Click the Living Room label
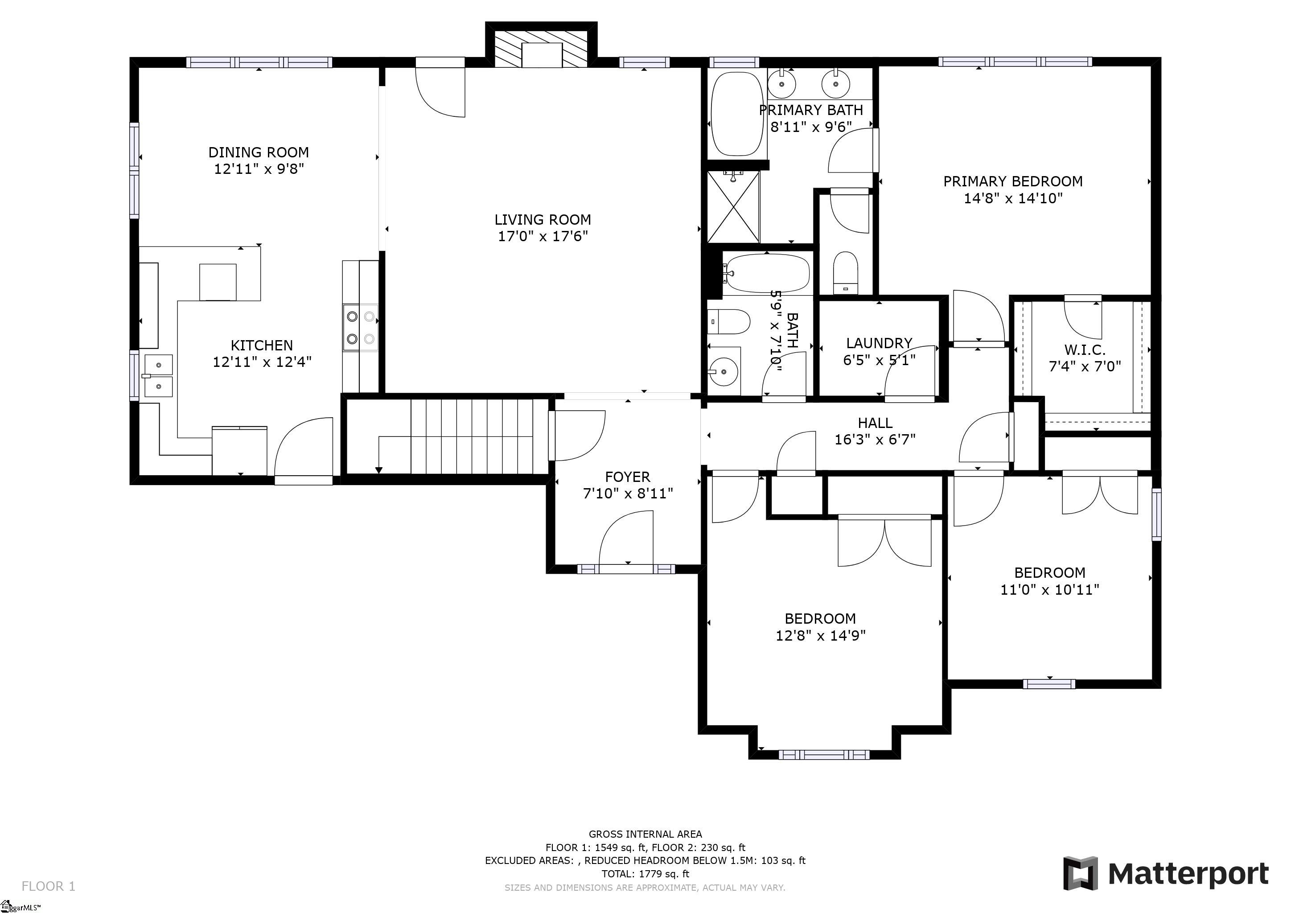(x=543, y=219)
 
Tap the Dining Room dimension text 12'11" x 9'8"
(x=259, y=169)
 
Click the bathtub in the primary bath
(x=737, y=114)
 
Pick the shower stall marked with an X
(x=733, y=206)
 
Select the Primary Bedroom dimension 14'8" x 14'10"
(x=1013, y=198)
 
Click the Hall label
(x=875, y=422)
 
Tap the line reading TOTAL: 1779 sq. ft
(x=645, y=874)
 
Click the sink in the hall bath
(x=724, y=370)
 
